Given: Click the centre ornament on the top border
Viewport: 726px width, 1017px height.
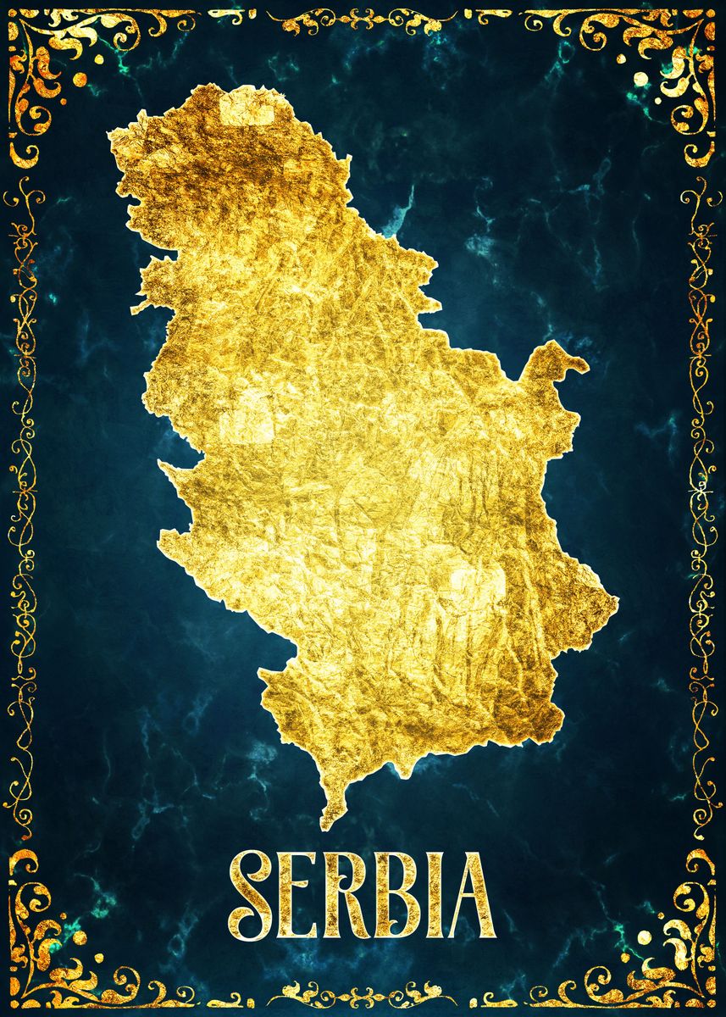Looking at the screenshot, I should tap(363, 19).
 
